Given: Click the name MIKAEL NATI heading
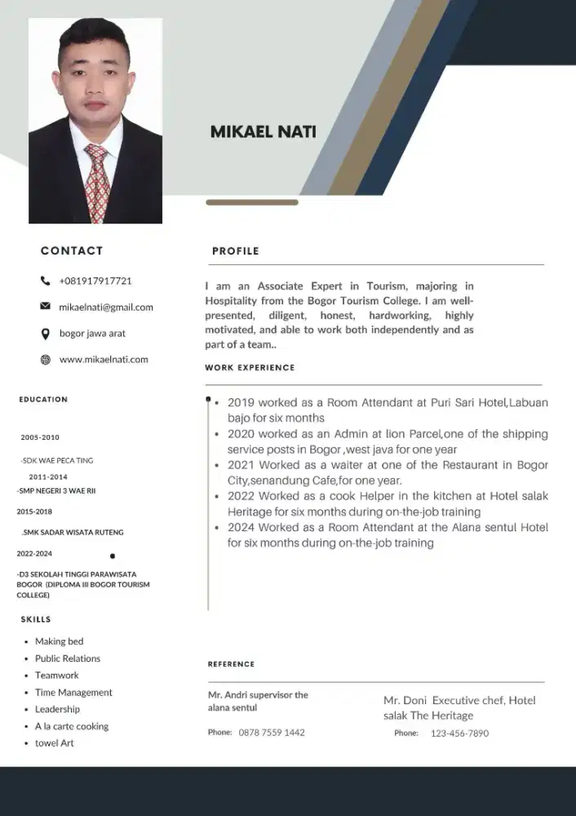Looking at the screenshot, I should click(x=263, y=131).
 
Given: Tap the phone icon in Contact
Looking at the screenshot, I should click(x=45, y=281).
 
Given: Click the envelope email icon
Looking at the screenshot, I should click(x=45, y=307).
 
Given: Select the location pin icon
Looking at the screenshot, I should click(x=45, y=333).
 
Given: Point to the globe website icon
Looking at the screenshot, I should click(x=45, y=359).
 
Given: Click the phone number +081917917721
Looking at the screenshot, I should click(x=95, y=281).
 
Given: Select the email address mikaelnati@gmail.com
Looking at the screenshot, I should click(x=106, y=307).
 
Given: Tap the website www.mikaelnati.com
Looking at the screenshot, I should click(x=104, y=359).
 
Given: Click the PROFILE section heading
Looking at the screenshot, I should click(x=235, y=251).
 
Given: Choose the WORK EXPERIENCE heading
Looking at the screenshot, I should click(x=250, y=368).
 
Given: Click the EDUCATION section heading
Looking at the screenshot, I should click(x=43, y=399).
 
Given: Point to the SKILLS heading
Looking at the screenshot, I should click(x=36, y=619).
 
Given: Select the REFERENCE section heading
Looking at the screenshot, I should click(x=231, y=664).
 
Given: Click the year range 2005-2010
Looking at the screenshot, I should click(x=40, y=437).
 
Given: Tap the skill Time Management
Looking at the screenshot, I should click(x=73, y=692).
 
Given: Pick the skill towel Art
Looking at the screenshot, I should click(x=54, y=743).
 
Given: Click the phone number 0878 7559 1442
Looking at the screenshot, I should click(x=272, y=733).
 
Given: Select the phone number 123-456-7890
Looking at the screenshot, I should click(x=459, y=734).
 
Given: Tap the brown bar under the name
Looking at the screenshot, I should click(x=251, y=202).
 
